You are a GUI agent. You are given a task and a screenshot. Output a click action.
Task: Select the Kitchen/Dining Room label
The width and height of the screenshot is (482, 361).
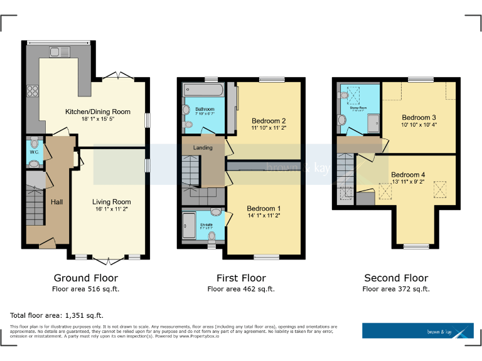(x=98, y=112)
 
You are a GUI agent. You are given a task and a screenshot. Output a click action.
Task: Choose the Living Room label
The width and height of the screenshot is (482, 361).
(x=112, y=202)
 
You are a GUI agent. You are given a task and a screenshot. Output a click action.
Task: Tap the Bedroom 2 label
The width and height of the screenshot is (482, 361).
(x=269, y=120)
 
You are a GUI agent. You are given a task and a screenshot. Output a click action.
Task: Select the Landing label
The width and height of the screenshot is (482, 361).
(x=203, y=148)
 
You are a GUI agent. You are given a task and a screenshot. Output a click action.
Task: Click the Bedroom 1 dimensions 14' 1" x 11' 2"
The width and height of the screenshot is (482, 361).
(x=264, y=216)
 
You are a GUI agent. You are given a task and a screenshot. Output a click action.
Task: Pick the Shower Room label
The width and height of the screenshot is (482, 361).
(x=358, y=107)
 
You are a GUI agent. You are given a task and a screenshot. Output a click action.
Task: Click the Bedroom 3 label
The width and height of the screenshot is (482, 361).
(x=419, y=117)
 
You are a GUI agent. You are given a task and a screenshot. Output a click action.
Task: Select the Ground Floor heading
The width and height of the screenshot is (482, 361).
(x=85, y=278)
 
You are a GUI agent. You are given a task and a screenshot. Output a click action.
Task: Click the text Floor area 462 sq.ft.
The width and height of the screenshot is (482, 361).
(x=240, y=289)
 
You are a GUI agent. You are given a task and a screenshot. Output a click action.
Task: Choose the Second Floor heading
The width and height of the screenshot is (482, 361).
(x=396, y=278)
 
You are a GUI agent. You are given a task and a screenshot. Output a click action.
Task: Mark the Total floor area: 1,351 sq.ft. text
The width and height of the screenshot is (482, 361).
(x=56, y=315)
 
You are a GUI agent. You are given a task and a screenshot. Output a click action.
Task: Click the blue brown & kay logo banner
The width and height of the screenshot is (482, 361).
(x=417, y=331)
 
